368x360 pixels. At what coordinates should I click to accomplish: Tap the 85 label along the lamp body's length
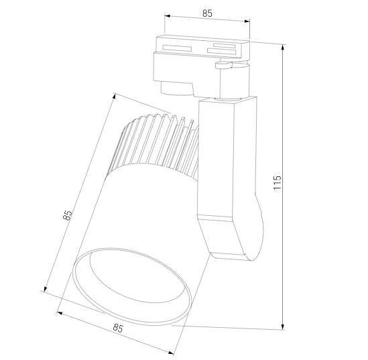68,215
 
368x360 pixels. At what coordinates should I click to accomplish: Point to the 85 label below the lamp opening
118,328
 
